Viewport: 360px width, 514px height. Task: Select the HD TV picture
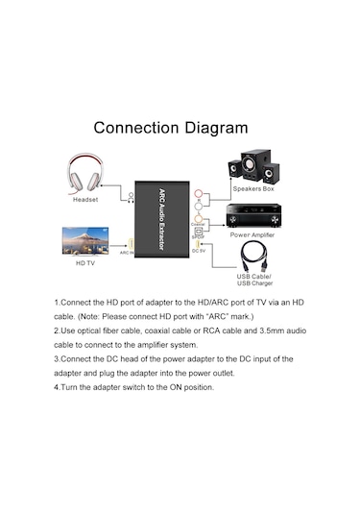click(x=84, y=239)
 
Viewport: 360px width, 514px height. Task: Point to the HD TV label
click(x=85, y=261)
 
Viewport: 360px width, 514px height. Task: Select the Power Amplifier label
click(x=254, y=233)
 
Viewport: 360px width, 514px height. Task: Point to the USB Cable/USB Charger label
click(x=254, y=281)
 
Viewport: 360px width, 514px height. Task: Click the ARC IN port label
click(x=126, y=254)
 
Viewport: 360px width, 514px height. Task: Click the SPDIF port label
click(x=198, y=236)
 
